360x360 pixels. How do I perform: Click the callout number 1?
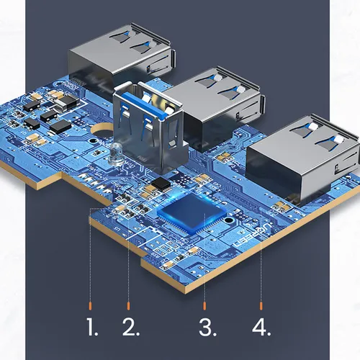tap(91, 328)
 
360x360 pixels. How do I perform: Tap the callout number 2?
tap(130, 328)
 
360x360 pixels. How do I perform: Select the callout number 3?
tap(207, 328)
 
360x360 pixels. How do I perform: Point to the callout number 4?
tap(261, 328)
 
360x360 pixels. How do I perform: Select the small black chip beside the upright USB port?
tap(163, 184)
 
